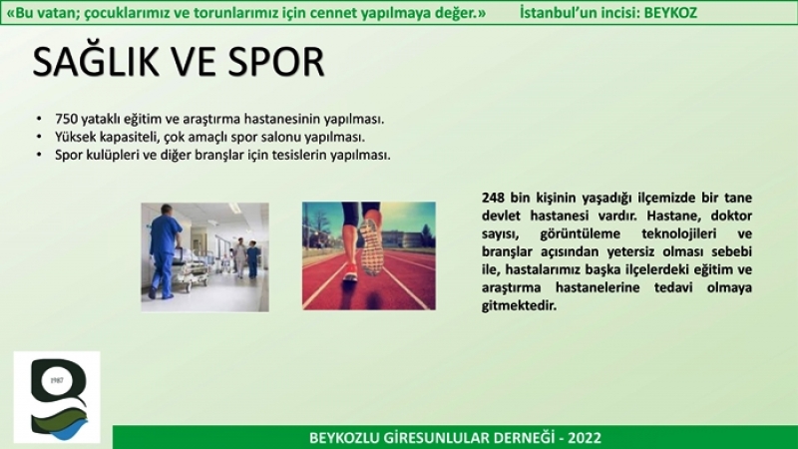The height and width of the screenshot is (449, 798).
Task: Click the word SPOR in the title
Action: pos(276,62)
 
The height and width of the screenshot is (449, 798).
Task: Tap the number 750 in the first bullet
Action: pos(67,119)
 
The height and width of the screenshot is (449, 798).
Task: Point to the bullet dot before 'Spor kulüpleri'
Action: pos(40,155)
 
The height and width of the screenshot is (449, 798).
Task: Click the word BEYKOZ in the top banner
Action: pos(670,13)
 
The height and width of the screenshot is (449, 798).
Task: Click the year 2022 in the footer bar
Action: pos(585,438)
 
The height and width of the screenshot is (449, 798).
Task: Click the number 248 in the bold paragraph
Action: pos(493,198)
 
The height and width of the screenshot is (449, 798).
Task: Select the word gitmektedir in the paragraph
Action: pos(519,306)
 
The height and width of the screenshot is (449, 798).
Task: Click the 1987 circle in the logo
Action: pos(57,381)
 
